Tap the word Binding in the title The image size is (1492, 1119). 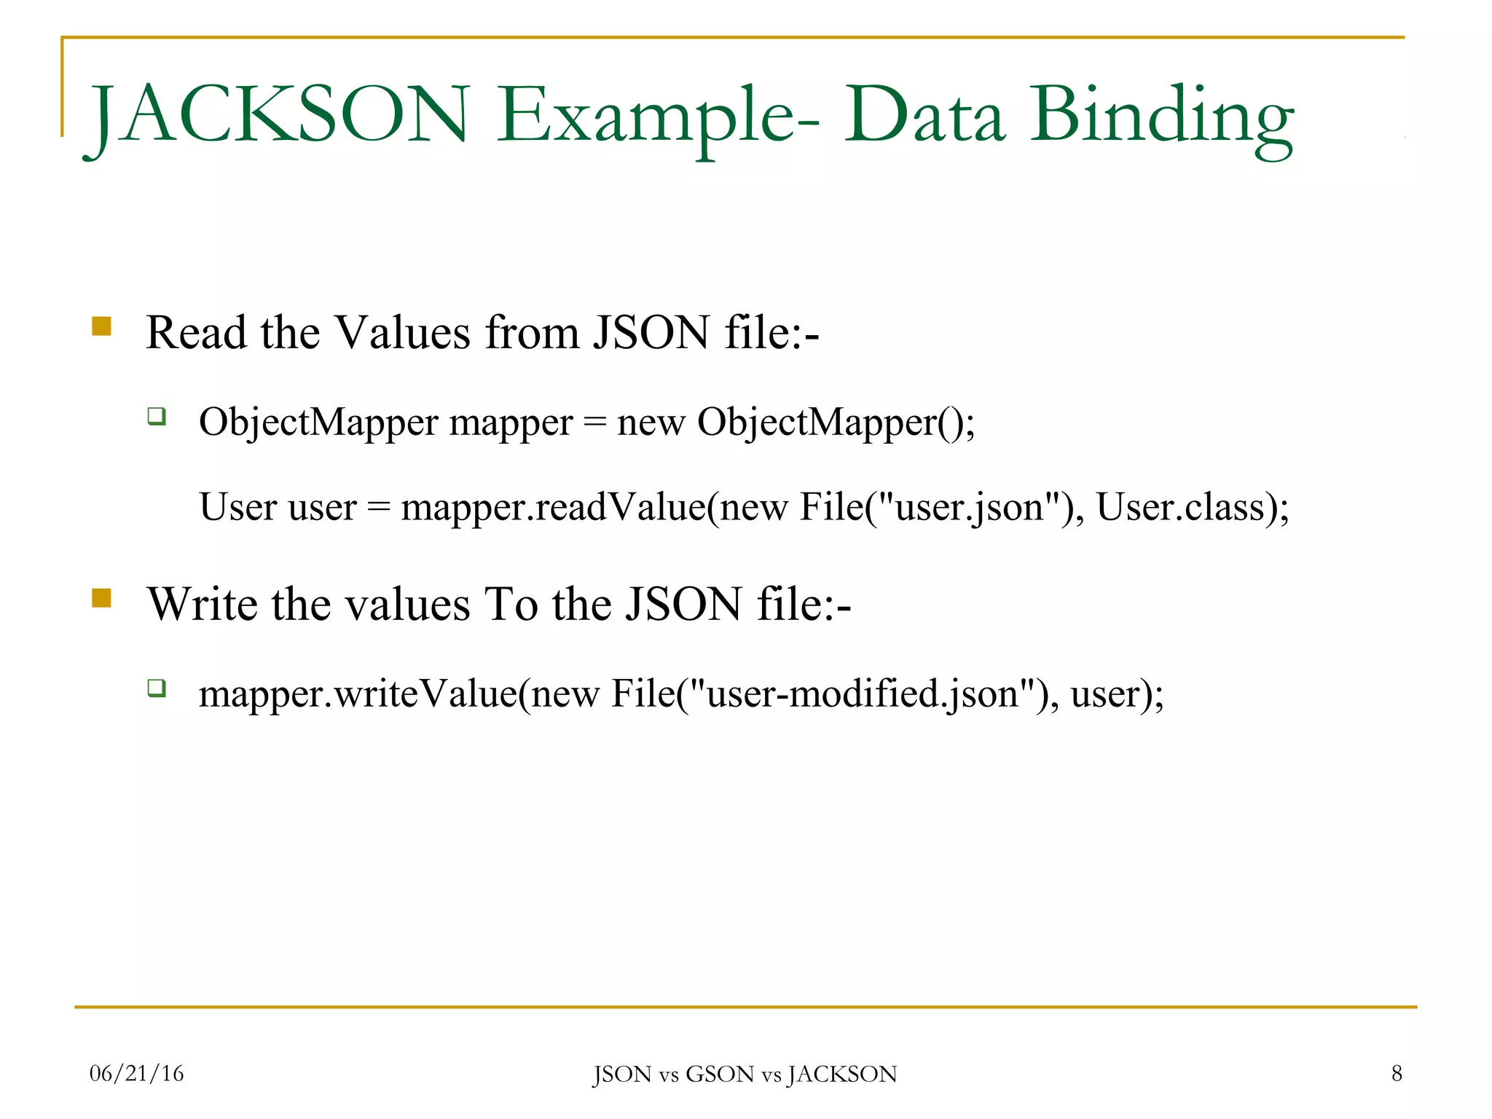[x=1161, y=117]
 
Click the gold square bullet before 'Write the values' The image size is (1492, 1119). [x=101, y=598]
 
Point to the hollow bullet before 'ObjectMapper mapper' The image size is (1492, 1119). [x=157, y=417]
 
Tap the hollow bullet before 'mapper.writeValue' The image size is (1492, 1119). [x=157, y=688]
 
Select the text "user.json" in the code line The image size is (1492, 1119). [x=969, y=507]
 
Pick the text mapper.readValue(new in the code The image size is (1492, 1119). [x=594, y=507]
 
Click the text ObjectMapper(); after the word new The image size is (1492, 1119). [x=836, y=422]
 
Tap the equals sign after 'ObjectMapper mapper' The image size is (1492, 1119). [x=595, y=423]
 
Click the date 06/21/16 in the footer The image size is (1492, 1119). [x=136, y=1073]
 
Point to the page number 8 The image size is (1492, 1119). [x=1397, y=1073]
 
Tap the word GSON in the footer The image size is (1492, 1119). [x=720, y=1075]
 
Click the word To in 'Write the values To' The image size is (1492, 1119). [x=511, y=605]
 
